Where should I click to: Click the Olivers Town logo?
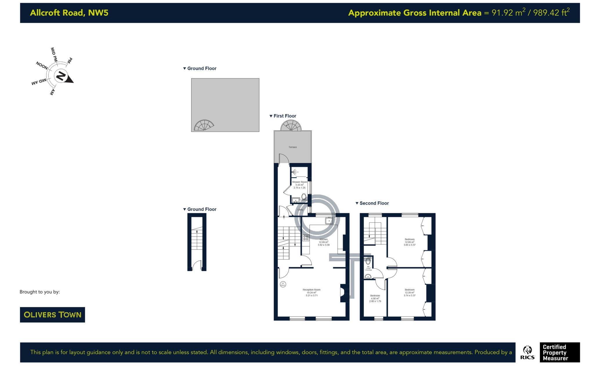[x=52, y=315]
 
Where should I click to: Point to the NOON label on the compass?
[x=42, y=65]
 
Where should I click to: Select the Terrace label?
[x=292, y=147]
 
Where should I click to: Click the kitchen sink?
[x=329, y=221]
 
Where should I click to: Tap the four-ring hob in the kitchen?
[x=306, y=238]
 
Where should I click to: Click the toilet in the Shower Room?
[x=304, y=197]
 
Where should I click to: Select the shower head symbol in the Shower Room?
[x=294, y=172]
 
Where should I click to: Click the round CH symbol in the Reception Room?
[x=283, y=284]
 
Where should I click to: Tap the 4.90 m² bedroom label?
[x=375, y=298]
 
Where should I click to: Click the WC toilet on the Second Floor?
[x=368, y=261]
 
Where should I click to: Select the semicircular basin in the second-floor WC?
[x=368, y=277]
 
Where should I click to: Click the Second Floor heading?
[x=374, y=203]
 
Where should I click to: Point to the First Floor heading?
[x=285, y=116]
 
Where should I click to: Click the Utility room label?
[x=300, y=210]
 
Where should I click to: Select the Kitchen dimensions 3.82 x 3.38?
[x=323, y=245]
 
